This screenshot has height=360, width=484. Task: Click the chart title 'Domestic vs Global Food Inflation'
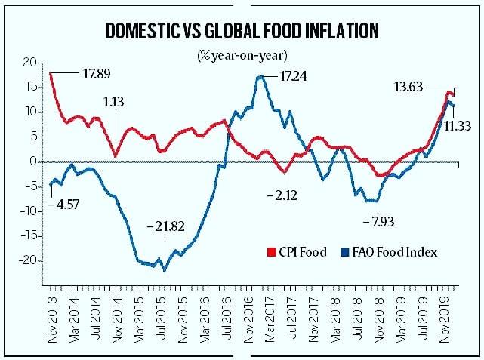[242, 31]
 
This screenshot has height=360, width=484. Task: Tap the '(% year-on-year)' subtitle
[242, 56]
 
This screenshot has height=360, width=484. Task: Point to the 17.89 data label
[97, 74]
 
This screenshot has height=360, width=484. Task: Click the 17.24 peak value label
[293, 76]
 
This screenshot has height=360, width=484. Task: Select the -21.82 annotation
[166, 226]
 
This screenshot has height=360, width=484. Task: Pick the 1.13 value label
[113, 102]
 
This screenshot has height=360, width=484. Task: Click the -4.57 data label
[64, 205]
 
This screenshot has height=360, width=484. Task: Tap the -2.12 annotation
[282, 195]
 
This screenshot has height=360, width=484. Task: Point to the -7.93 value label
[379, 221]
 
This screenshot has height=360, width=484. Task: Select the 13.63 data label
[408, 87]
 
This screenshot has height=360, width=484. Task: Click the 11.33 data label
[458, 126]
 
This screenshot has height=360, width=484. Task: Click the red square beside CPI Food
[271, 252]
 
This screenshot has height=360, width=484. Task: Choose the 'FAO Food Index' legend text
[395, 252]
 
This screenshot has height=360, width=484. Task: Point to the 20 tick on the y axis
[30, 63]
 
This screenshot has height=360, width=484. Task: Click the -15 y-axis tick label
[29, 236]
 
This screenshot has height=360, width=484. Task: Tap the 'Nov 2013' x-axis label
[53, 320]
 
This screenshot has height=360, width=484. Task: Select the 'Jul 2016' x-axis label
[227, 318]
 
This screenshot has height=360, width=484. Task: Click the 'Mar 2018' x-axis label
[335, 320]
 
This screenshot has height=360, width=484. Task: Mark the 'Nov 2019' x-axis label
[445, 320]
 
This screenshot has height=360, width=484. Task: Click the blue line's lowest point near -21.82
[165, 270]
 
